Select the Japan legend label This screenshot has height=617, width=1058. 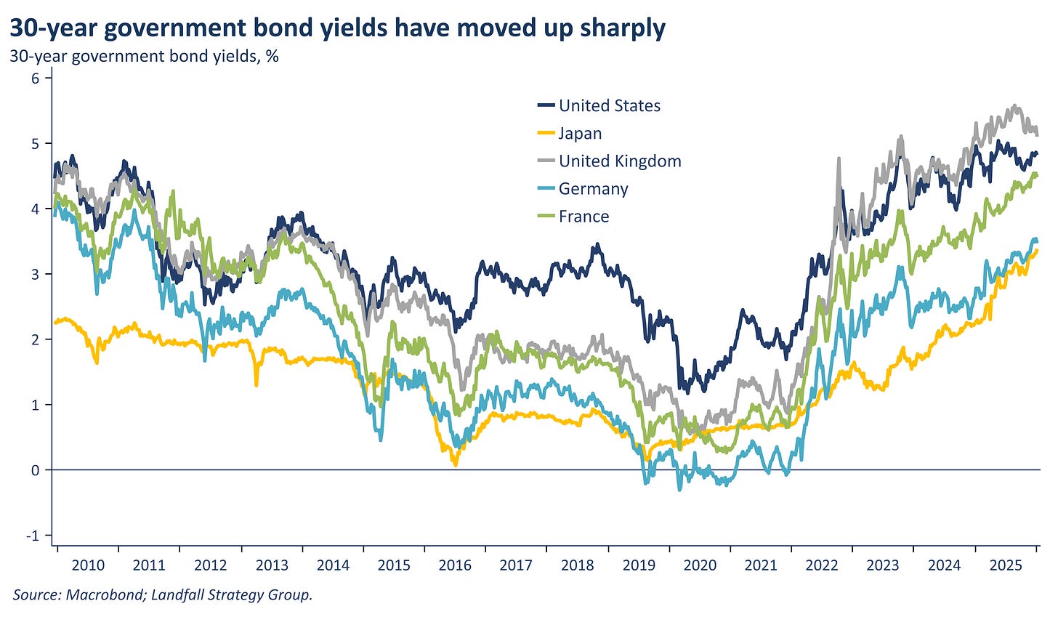[x=580, y=134]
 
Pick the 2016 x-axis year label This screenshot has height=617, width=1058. [x=455, y=565]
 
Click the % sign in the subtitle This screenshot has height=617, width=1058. [x=272, y=56]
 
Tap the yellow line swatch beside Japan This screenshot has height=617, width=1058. [x=546, y=134]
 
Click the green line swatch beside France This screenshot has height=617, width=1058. [x=546, y=217]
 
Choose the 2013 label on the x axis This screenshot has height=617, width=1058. [x=271, y=565]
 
